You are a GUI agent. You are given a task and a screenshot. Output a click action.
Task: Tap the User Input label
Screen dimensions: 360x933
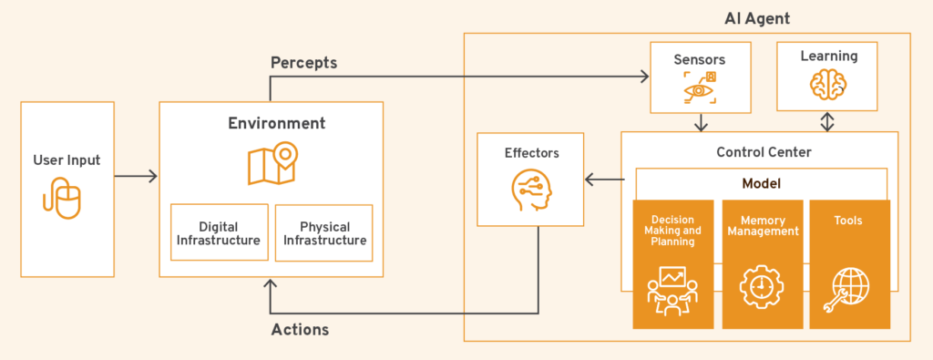(x=67, y=160)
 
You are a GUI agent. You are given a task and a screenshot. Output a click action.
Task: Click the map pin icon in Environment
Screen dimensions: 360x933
(x=272, y=161)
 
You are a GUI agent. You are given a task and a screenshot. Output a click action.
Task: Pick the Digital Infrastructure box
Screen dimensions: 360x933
(x=219, y=232)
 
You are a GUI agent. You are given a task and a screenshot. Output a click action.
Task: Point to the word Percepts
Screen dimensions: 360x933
(x=303, y=63)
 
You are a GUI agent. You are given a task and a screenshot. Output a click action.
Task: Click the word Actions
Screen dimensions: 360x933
(x=300, y=329)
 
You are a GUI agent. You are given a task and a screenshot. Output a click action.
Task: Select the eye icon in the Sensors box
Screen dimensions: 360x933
(x=699, y=88)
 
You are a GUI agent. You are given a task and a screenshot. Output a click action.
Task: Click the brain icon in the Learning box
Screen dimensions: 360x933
(x=828, y=85)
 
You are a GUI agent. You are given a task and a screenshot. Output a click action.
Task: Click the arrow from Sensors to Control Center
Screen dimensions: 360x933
(x=699, y=122)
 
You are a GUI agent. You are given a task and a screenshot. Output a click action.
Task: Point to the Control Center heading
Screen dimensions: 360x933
(x=759, y=150)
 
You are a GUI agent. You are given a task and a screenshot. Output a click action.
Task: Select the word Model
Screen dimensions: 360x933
(x=761, y=183)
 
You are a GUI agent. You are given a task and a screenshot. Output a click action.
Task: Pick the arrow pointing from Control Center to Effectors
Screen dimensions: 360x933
(x=602, y=180)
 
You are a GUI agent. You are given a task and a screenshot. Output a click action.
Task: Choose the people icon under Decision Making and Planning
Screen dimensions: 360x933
(x=672, y=290)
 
